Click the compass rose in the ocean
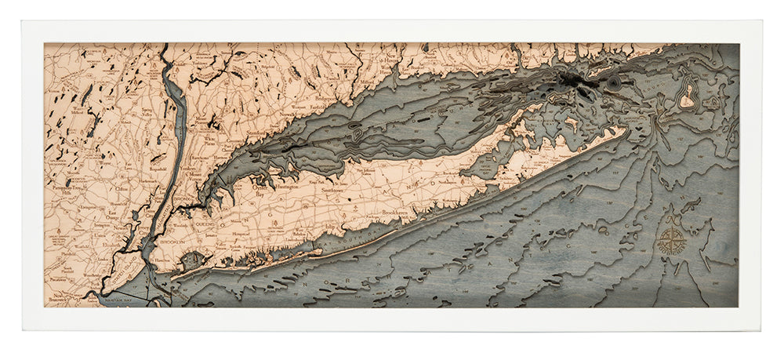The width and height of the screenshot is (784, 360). click(x=672, y=241)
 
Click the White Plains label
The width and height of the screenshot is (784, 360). click(x=211, y=139)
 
